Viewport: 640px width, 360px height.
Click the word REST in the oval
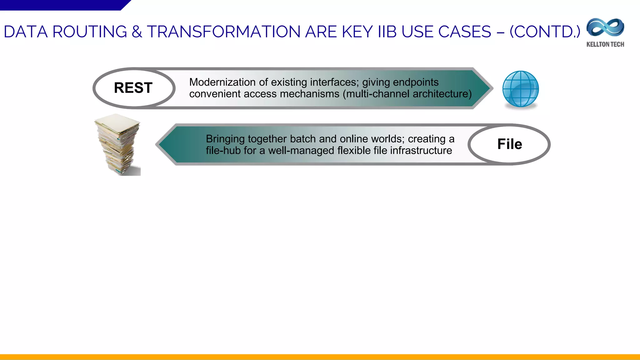click(x=133, y=88)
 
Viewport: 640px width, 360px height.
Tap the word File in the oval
click(x=509, y=144)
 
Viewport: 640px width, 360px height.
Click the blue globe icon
click(x=520, y=89)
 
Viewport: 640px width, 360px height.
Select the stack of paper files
click(x=118, y=144)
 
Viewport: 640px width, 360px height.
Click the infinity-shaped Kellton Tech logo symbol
click(x=605, y=28)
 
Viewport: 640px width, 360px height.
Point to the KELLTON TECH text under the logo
click(x=605, y=44)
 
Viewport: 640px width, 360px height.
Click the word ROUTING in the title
click(x=90, y=32)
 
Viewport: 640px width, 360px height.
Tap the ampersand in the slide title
click(x=137, y=32)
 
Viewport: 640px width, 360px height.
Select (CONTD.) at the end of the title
click(x=545, y=32)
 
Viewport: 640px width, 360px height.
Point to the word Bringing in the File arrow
click(x=225, y=139)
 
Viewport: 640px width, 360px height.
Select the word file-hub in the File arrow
click(x=223, y=151)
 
